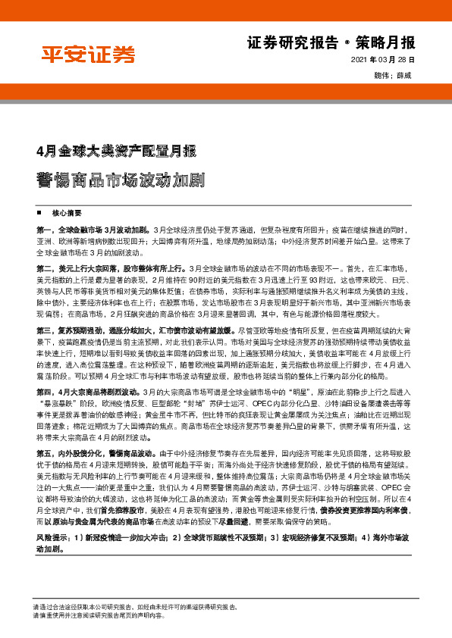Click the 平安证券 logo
(x=87, y=55)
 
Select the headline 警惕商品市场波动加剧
(x=119, y=181)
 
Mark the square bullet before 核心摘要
(x=38, y=213)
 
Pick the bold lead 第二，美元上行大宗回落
(x=111, y=268)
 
